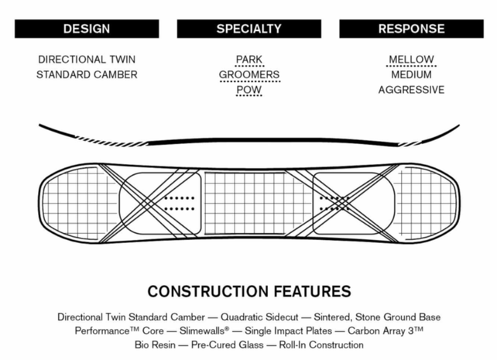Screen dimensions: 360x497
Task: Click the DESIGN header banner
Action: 87,29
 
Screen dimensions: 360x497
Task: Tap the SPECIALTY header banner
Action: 248,29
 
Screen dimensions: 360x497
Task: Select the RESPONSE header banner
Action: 411,29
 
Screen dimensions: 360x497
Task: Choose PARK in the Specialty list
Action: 248,60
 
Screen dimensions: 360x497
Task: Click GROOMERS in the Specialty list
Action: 248,75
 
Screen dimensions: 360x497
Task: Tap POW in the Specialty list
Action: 248,90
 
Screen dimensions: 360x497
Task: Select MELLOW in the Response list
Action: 411,60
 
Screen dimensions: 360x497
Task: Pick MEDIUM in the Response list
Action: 411,75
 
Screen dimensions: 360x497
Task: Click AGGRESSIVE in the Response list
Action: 411,90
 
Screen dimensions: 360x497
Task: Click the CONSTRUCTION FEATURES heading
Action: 248,292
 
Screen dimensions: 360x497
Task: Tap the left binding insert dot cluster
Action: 179,203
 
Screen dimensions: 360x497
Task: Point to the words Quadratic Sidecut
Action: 265,317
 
